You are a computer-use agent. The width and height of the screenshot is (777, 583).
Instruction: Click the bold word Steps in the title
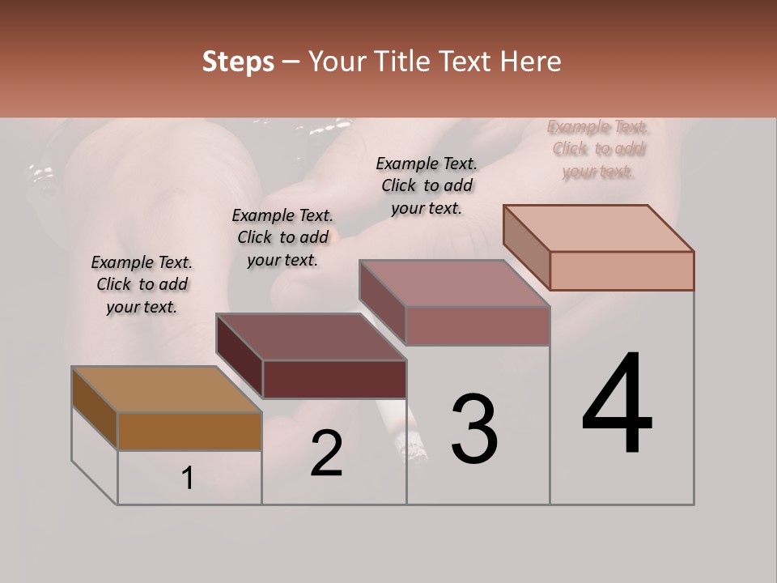click(238, 62)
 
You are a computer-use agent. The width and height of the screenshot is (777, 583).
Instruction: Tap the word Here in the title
click(528, 62)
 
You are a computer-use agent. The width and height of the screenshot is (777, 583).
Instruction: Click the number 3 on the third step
click(474, 429)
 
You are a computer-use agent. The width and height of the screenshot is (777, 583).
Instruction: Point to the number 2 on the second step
click(326, 453)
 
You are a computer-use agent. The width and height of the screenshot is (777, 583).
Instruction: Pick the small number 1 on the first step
click(187, 479)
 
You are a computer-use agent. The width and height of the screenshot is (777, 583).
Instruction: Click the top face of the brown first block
click(166, 389)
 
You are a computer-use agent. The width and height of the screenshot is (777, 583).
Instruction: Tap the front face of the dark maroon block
click(334, 379)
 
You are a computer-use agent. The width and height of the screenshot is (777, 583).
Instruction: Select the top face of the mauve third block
click(454, 283)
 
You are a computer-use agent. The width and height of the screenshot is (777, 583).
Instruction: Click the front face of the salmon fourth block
click(622, 270)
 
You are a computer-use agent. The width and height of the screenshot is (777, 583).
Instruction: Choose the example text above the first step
click(142, 284)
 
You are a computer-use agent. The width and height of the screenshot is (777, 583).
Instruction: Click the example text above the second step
click(282, 237)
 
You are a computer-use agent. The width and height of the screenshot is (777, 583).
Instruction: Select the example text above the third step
click(427, 185)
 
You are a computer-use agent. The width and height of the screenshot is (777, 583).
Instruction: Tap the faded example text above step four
click(598, 149)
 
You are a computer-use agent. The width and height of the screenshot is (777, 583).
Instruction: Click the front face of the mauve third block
click(478, 326)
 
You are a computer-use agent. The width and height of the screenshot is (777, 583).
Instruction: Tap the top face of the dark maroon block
click(311, 337)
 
